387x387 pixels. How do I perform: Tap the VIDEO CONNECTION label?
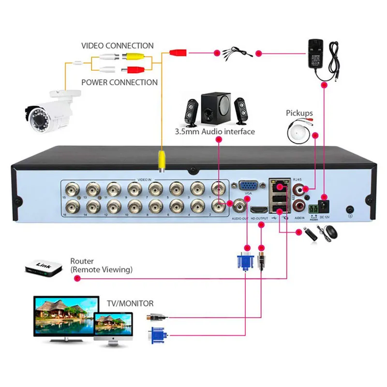pyautogui.click(x=118, y=46)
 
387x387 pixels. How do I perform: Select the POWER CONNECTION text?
pyautogui.click(x=119, y=82)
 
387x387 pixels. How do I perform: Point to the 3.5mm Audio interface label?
pyautogui.click(x=215, y=132)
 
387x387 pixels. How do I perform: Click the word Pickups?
pyautogui.click(x=299, y=113)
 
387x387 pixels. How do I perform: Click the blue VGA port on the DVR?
pyautogui.click(x=248, y=187)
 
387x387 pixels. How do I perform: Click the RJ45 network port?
pyautogui.click(x=279, y=186)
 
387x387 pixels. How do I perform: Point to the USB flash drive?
pyautogui.click(x=310, y=235)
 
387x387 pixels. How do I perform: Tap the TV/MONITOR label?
pyautogui.click(x=130, y=304)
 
